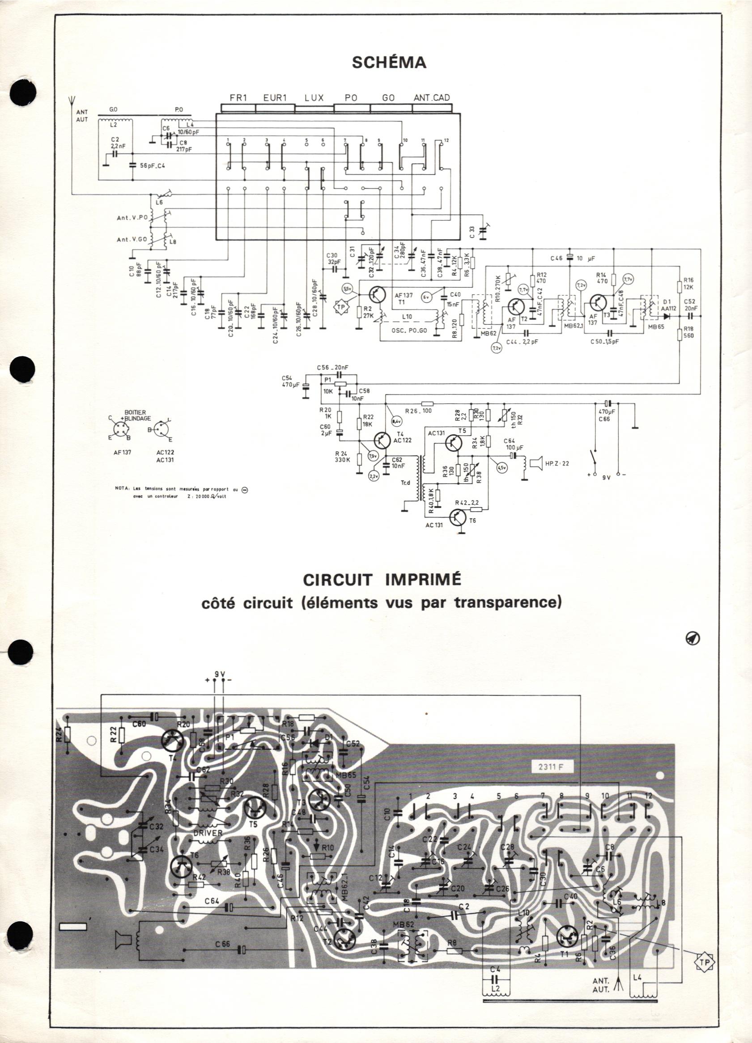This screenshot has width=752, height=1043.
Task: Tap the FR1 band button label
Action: pyautogui.click(x=239, y=98)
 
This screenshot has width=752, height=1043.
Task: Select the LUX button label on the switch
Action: pyautogui.click(x=314, y=98)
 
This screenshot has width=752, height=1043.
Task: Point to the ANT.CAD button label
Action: pyautogui.click(x=431, y=98)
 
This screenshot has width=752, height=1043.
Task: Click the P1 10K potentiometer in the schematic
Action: pyautogui.click(x=340, y=384)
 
